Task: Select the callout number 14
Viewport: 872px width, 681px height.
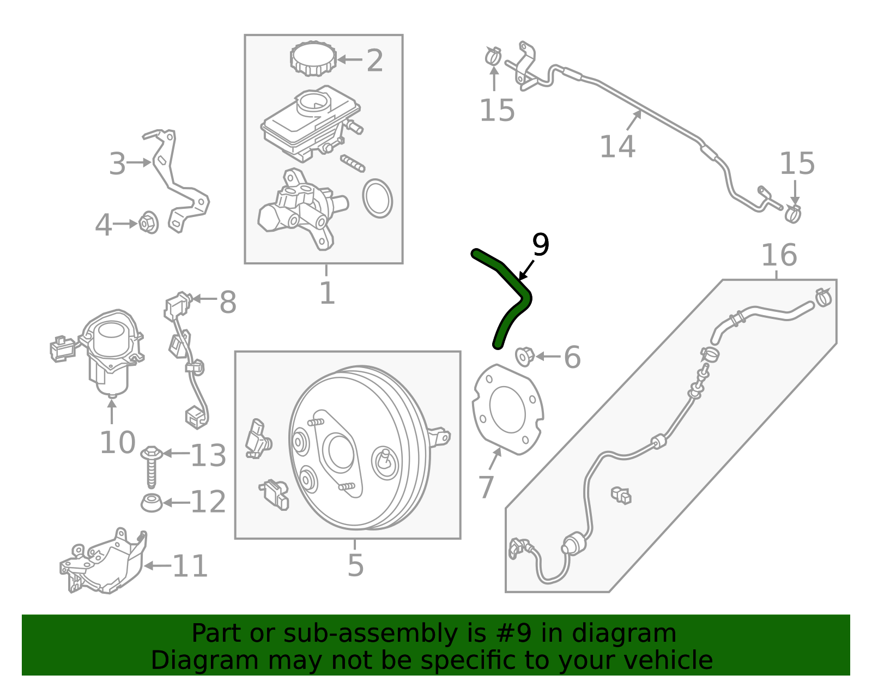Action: (x=617, y=147)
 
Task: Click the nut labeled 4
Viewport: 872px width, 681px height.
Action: (x=148, y=222)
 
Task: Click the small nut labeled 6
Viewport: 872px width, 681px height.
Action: (x=524, y=357)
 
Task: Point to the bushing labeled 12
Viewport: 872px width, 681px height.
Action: (x=152, y=502)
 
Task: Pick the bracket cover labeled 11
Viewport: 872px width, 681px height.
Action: (x=106, y=562)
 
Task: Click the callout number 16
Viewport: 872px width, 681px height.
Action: (x=779, y=255)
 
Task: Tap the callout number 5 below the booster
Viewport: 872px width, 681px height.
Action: (x=355, y=565)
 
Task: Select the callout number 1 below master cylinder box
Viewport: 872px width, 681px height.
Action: (x=326, y=293)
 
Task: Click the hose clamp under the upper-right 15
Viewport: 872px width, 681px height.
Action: (x=793, y=214)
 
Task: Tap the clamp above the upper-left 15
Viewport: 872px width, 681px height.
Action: (x=493, y=55)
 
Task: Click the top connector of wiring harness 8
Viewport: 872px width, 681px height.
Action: (x=178, y=304)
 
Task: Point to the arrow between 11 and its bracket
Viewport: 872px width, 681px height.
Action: (x=158, y=566)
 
